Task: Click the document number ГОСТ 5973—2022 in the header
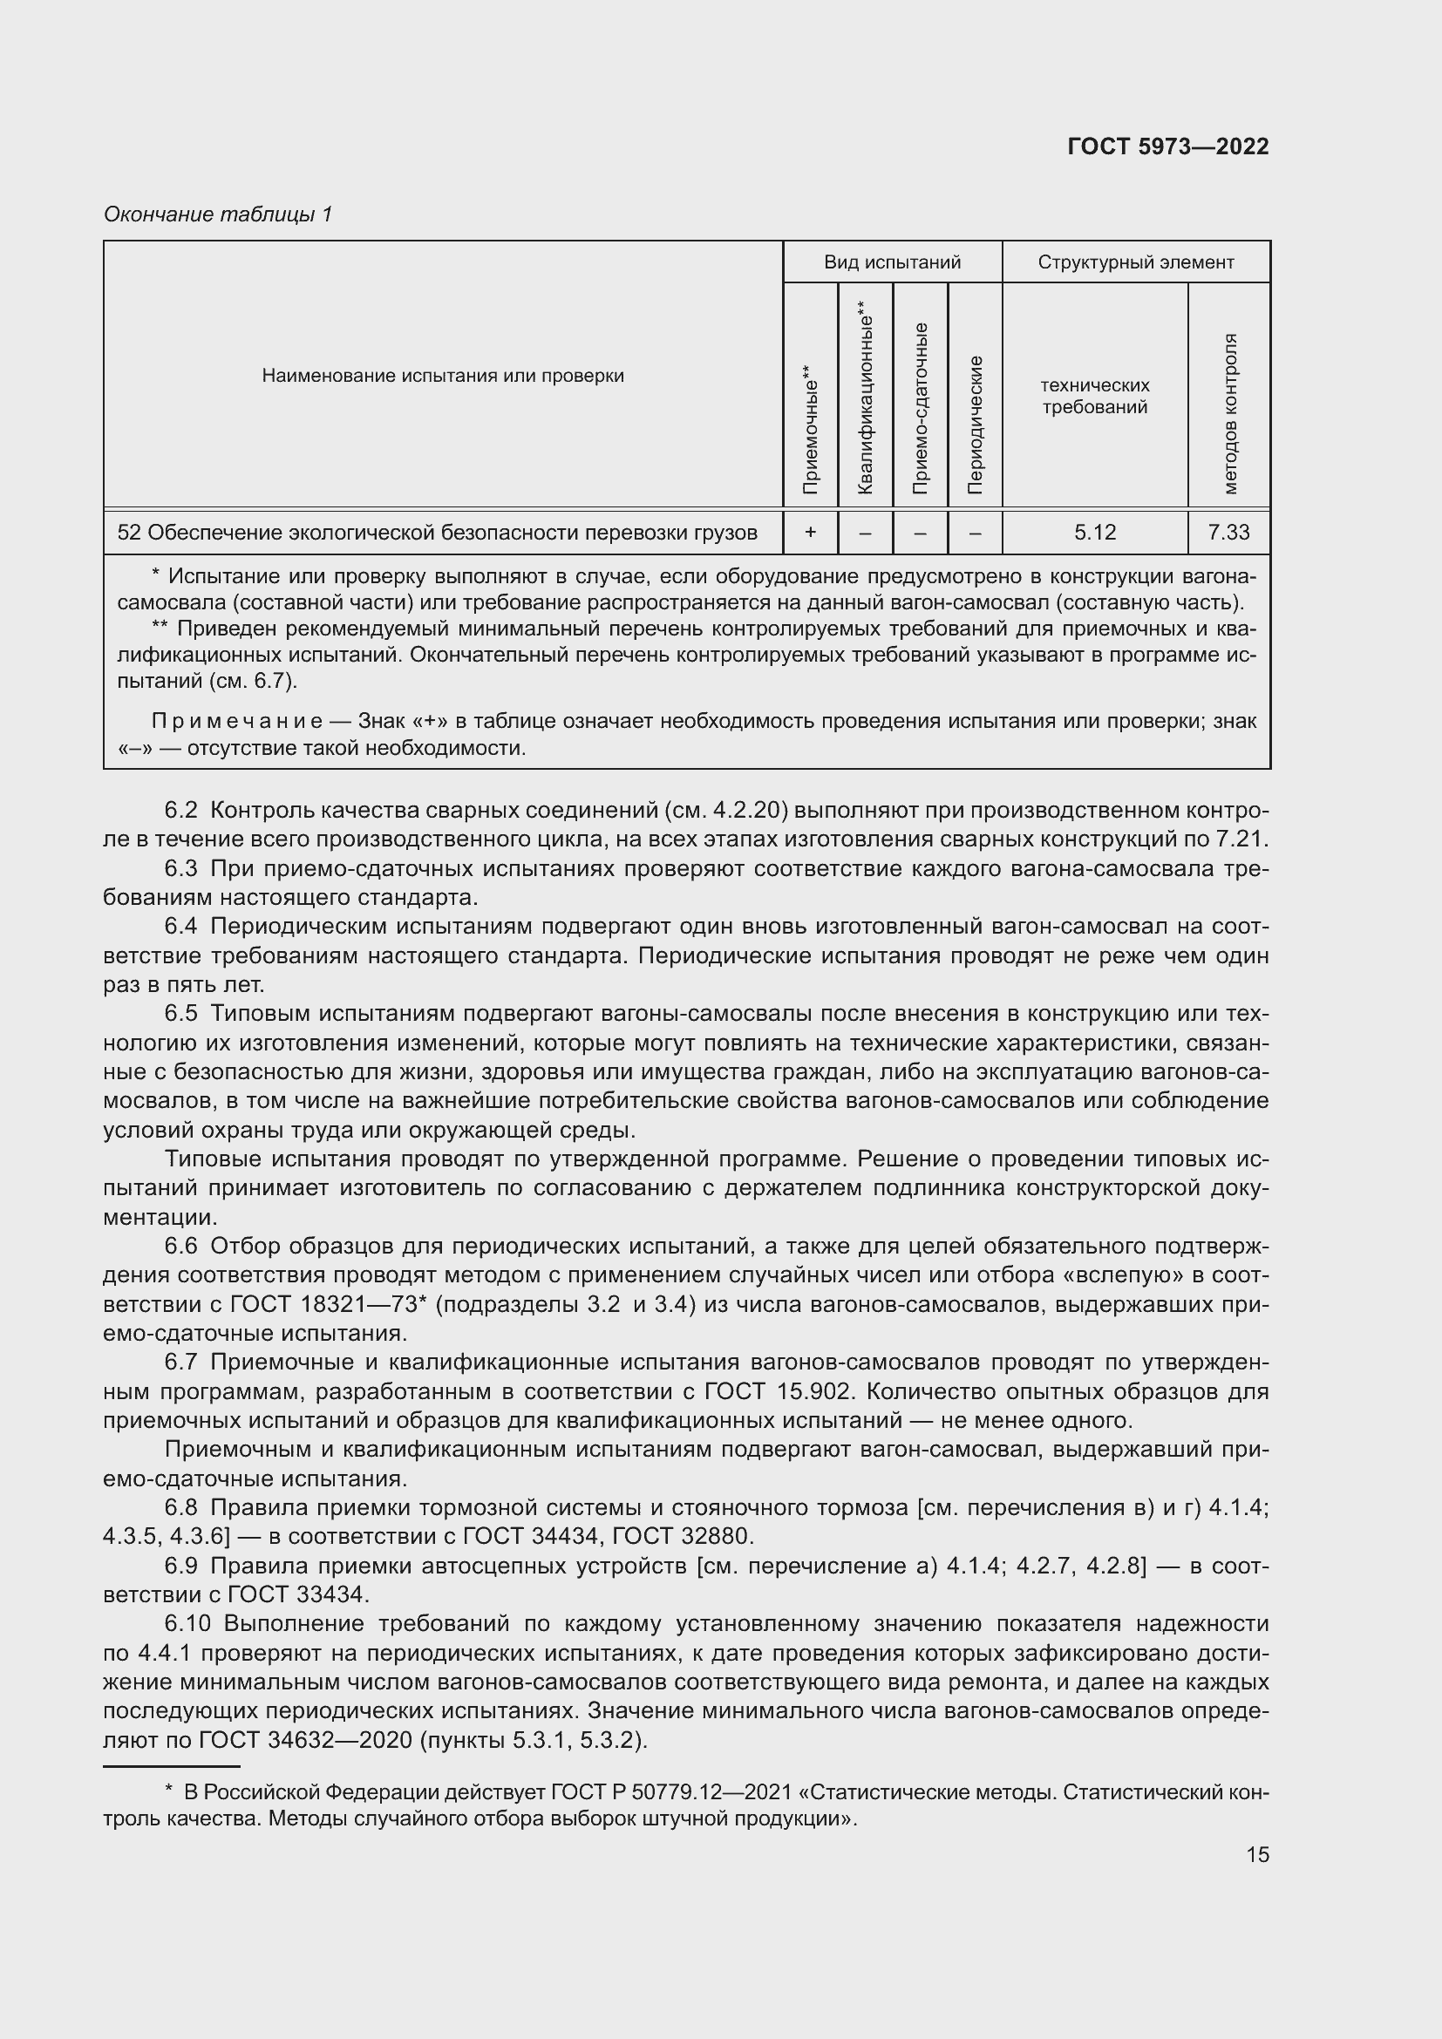tap(1167, 146)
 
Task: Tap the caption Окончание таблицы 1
tap(218, 214)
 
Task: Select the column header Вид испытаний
tap(892, 262)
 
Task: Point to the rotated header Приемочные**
tap(810, 429)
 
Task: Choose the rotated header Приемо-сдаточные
tap(920, 408)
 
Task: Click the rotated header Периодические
tap(975, 424)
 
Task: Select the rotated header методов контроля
tap(1229, 414)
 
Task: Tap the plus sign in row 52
tap(810, 532)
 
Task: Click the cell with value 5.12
tap(1094, 532)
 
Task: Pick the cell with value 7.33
tap(1228, 532)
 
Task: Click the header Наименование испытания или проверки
tap(442, 376)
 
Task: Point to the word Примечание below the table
tap(237, 721)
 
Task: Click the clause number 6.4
tap(180, 927)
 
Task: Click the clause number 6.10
tap(187, 1623)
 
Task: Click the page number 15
tap(1257, 1854)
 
